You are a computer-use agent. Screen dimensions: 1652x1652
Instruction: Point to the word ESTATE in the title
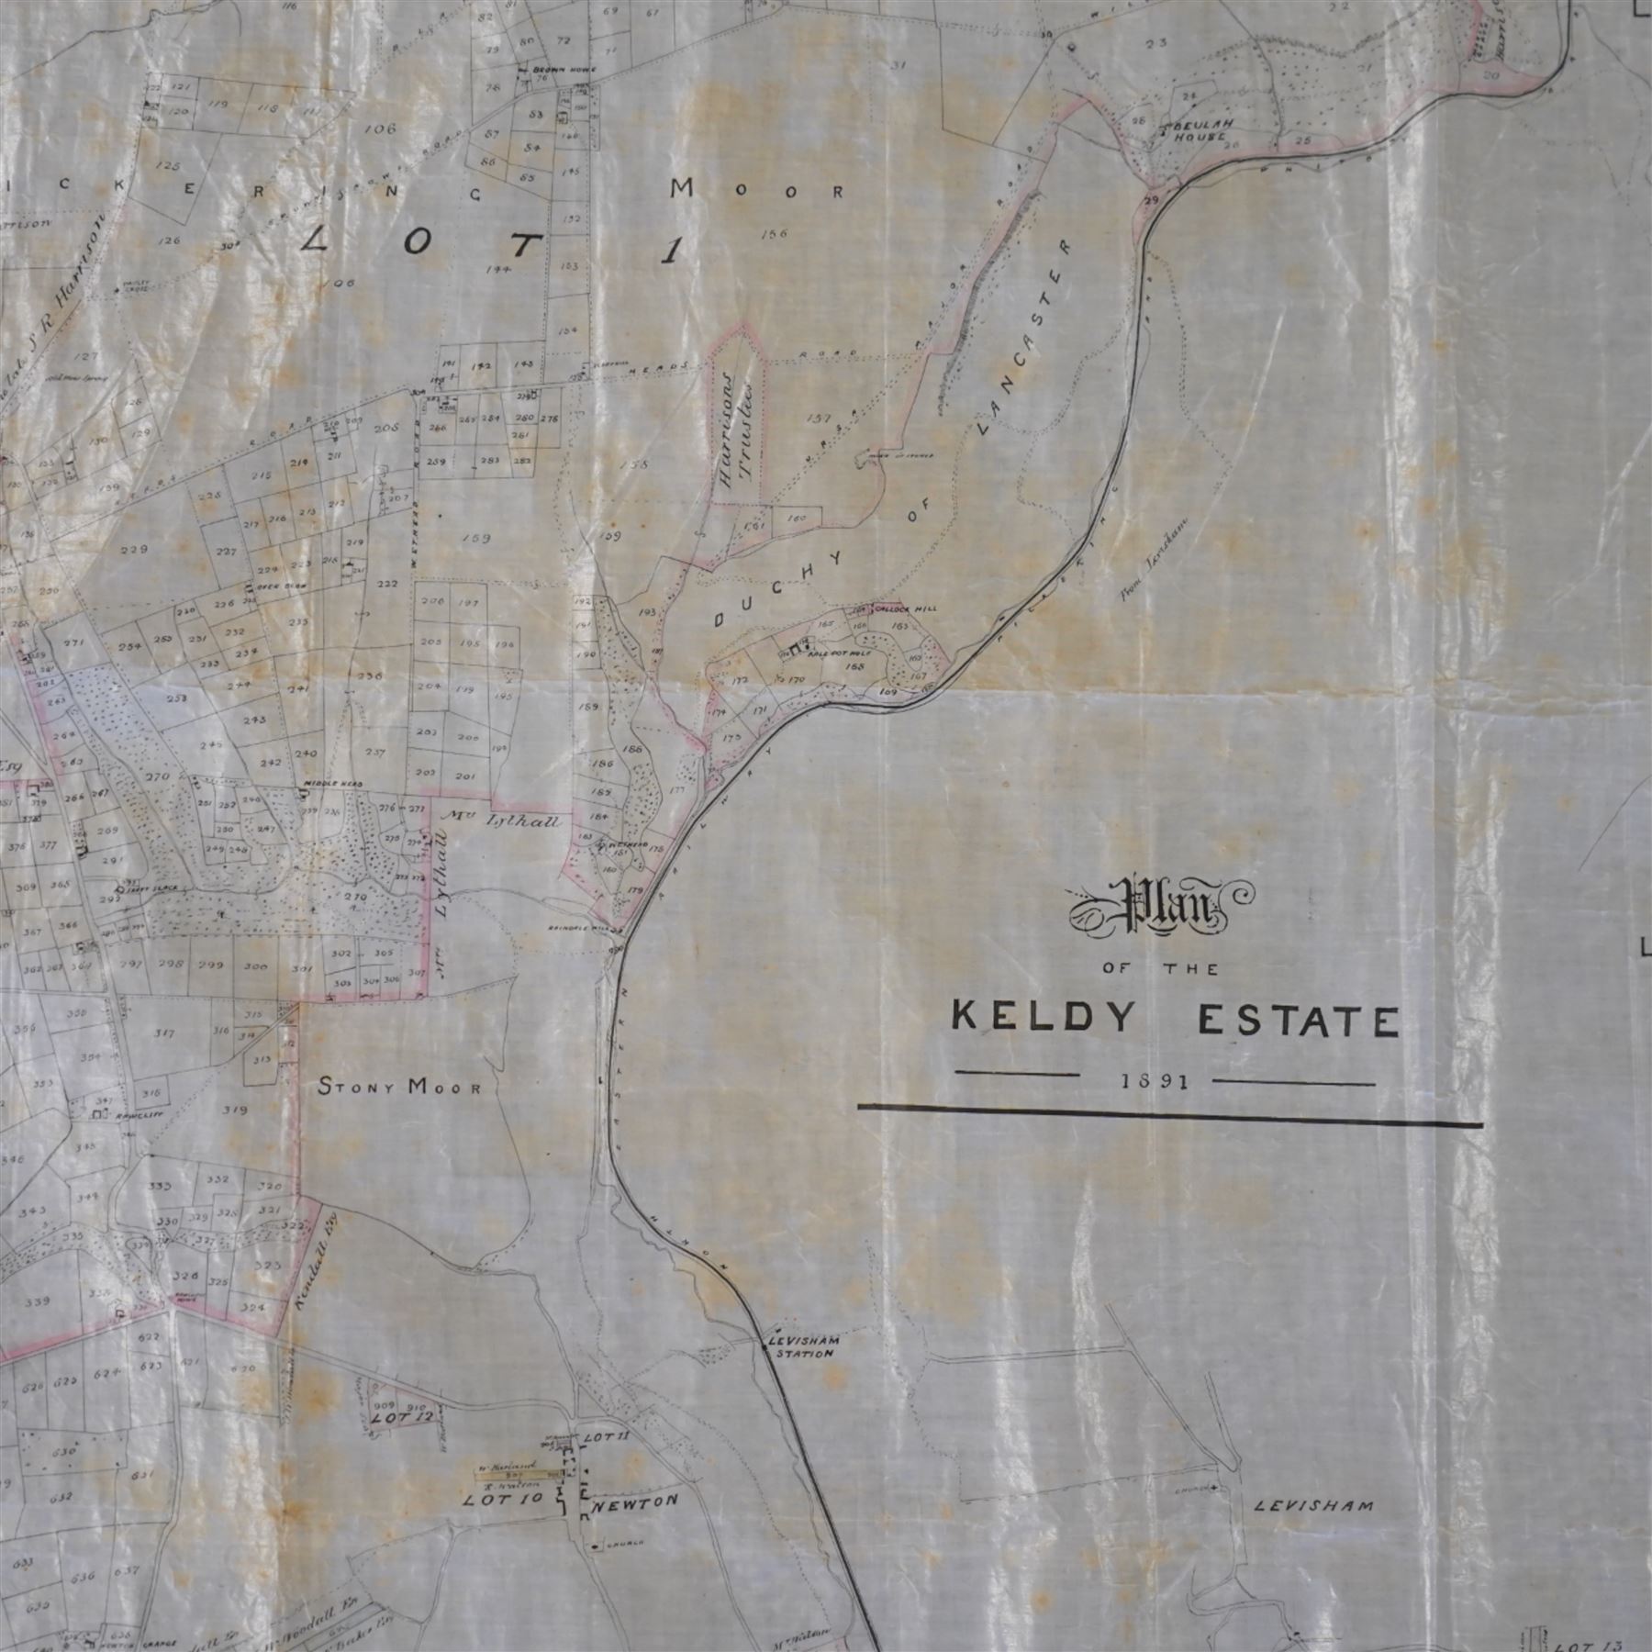click(x=1299, y=1021)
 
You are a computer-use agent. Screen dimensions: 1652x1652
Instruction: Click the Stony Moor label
click(x=399, y=1088)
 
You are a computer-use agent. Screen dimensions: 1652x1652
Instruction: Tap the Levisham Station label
click(x=803, y=1346)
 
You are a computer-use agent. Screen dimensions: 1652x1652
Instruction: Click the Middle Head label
click(x=320, y=785)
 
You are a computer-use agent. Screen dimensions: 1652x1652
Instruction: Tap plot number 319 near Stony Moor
click(x=236, y=1110)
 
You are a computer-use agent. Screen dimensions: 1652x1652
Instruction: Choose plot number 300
click(x=256, y=966)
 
